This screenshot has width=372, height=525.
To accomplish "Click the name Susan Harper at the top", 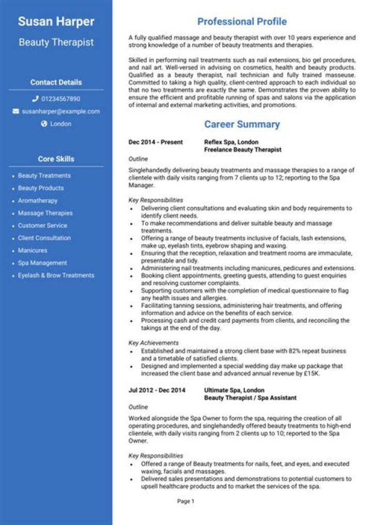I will point(56,22).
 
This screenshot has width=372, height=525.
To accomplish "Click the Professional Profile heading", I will point(242,22).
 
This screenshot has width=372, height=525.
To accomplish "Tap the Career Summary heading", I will point(242,124).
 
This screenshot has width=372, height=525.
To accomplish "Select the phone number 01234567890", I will point(60,99).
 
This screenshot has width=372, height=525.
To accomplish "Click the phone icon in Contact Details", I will point(35,99).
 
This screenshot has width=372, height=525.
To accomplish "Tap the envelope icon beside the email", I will point(16,111).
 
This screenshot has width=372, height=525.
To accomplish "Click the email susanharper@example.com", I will point(60,111).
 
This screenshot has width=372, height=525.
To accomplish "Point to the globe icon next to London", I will point(44,124).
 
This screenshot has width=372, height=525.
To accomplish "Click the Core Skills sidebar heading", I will point(56,159).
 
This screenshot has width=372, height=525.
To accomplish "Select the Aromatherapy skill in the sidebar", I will point(38,201).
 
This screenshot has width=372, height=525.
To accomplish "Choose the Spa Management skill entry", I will point(42,263).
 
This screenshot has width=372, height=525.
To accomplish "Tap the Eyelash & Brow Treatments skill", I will point(56,275).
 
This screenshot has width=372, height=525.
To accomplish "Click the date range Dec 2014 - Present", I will point(156,142).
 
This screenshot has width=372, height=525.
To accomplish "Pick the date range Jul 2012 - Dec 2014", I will point(157,390).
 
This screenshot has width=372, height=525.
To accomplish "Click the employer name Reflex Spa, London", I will point(231,142).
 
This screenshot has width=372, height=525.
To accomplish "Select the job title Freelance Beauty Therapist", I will point(242,150).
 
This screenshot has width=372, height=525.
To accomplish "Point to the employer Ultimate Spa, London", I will point(234,390).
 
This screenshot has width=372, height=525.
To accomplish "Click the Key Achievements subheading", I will point(153,342).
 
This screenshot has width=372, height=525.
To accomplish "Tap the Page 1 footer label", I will point(185,501).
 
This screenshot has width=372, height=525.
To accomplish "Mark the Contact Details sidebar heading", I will point(56,83).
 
